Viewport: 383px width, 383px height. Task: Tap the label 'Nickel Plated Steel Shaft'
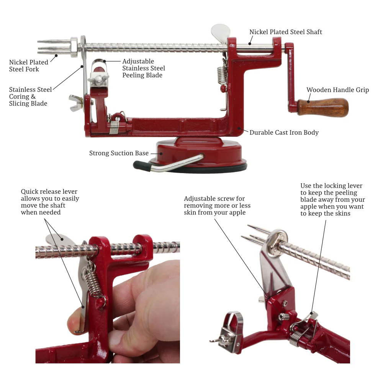286,32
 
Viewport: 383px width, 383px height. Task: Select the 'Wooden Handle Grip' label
337,90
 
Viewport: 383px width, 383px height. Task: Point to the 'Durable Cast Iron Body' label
284,133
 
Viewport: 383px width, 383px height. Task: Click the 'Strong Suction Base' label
119,153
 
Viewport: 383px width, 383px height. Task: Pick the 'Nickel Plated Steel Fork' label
29,65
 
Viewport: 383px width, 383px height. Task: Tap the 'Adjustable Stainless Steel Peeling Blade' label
144,68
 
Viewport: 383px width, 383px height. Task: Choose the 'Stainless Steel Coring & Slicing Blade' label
30,97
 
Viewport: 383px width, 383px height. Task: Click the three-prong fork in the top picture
54,47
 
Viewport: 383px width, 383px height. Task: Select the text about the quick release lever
50,202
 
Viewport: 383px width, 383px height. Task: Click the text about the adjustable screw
217,206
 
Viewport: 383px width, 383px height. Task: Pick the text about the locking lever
332,200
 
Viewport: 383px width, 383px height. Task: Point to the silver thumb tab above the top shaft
221,31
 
